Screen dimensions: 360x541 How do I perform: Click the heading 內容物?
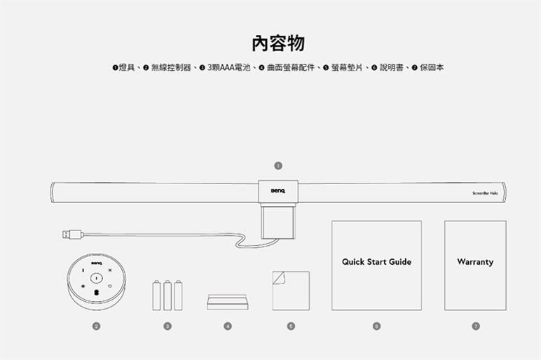click(278, 43)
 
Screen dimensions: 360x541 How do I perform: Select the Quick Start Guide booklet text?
click(376, 262)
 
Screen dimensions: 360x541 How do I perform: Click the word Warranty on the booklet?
click(475, 262)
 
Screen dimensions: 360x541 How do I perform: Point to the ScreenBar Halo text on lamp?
click(485, 193)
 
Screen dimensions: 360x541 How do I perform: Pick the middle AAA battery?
click(167, 295)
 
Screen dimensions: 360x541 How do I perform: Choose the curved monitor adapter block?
click(227, 303)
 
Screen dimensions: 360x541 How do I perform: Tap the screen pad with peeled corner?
click(290, 290)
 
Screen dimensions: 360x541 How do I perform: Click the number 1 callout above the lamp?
click(278, 166)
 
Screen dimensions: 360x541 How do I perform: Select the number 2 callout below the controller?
click(96, 326)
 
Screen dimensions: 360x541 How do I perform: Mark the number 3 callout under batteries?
click(167, 326)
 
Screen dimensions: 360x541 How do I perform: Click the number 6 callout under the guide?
click(376, 326)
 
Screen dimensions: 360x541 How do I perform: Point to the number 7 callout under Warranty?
click(475, 326)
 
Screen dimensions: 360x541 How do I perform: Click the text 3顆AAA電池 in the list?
click(229, 68)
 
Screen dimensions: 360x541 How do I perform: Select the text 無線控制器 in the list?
click(171, 68)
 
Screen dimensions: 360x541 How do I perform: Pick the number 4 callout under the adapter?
click(227, 326)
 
